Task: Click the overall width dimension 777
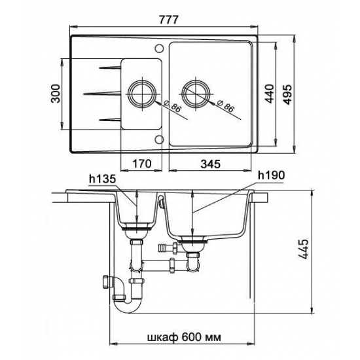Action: click(x=168, y=20)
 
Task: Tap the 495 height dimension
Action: click(x=288, y=94)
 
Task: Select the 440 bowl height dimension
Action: click(x=269, y=94)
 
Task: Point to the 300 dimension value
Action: click(x=56, y=94)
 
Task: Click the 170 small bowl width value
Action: click(x=141, y=164)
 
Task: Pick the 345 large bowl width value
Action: click(x=210, y=164)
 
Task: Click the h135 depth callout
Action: click(x=102, y=179)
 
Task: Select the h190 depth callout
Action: click(x=271, y=175)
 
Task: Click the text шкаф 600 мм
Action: click(x=184, y=337)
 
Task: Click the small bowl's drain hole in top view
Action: click(x=141, y=94)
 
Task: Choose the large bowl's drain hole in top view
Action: click(x=196, y=94)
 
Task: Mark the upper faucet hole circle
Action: click(x=159, y=48)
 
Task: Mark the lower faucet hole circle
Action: click(x=159, y=139)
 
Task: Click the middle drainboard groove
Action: click(x=102, y=93)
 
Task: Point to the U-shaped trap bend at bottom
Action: click(x=128, y=308)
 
